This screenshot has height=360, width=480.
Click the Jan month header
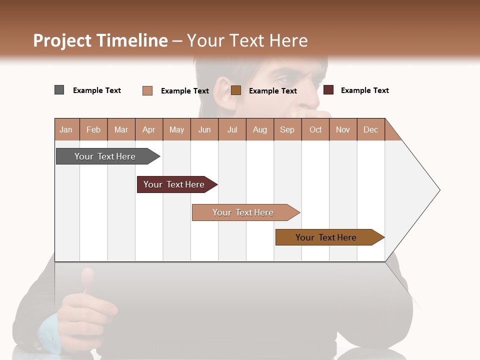point(66,129)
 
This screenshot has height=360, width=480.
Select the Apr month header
point(149,129)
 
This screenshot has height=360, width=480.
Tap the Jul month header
point(232,129)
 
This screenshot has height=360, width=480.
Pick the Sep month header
point(287,129)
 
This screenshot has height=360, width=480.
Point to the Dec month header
point(370,129)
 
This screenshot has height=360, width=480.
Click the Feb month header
point(93,129)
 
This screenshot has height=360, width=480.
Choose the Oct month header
point(315,129)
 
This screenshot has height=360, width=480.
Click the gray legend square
point(59,90)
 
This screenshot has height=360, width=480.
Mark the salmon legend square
point(147,90)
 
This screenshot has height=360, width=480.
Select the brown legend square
point(236,90)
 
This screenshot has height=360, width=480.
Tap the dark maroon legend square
point(328,90)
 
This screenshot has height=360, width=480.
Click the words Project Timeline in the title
point(100,40)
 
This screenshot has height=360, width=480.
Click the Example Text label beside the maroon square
point(364,90)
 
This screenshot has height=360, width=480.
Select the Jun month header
point(204,129)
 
